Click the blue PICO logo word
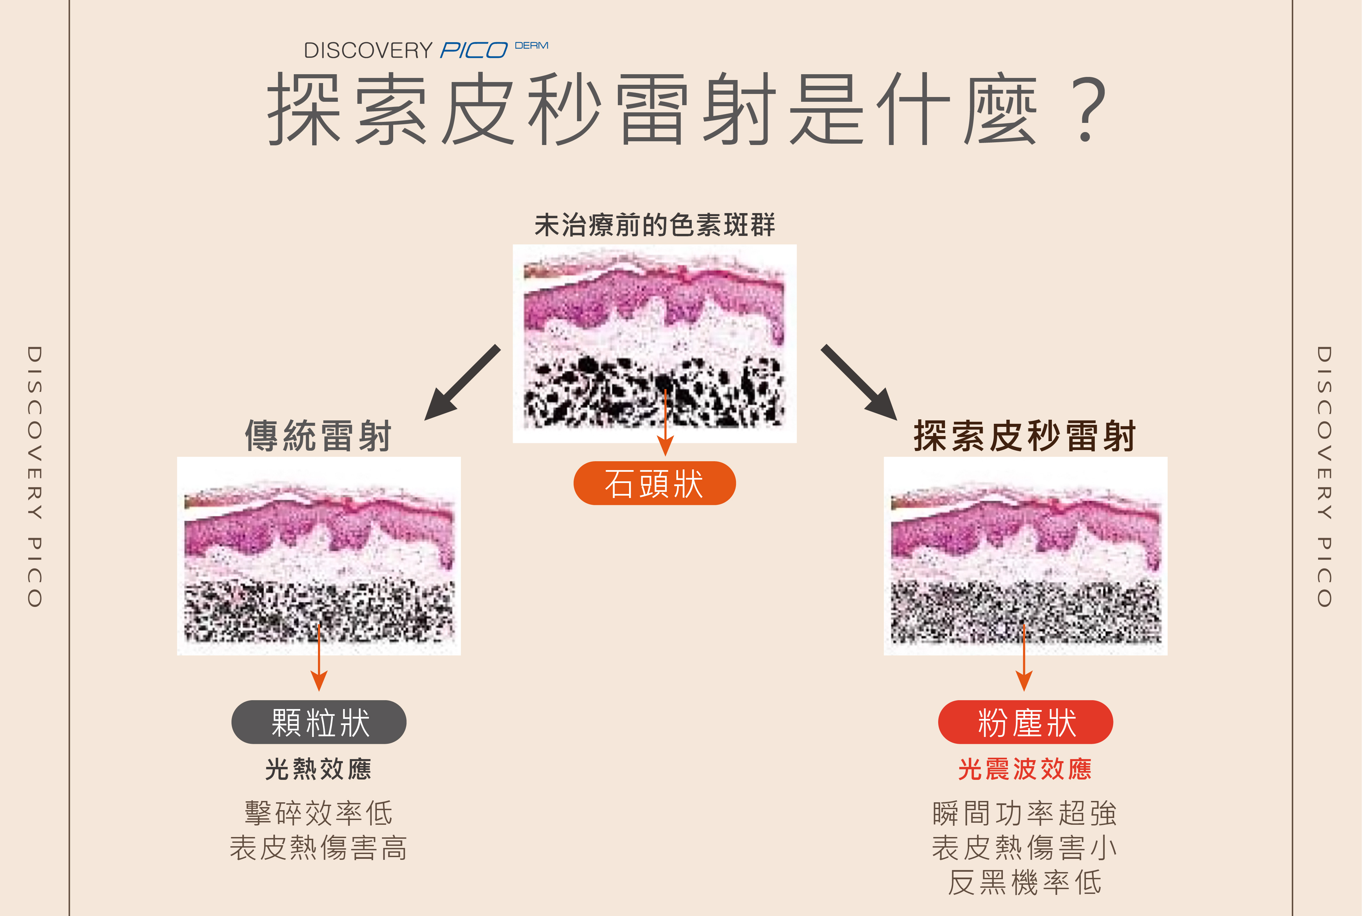[x=474, y=50]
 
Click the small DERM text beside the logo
[x=531, y=46]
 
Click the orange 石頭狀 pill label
[x=654, y=483]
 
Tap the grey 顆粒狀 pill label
[x=319, y=722]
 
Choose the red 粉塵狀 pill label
[x=1026, y=722]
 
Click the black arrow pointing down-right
[x=859, y=383]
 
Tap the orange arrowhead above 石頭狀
[x=665, y=447]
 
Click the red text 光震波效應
[x=1025, y=769]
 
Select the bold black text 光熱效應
[x=318, y=769]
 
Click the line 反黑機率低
[x=1025, y=882]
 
